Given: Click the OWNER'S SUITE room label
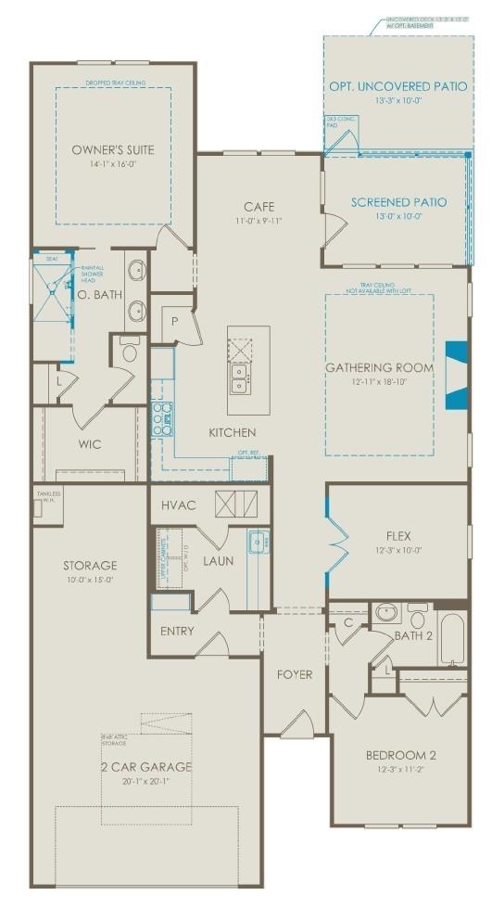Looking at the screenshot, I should [x=113, y=149].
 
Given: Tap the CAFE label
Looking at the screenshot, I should [x=259, y=207].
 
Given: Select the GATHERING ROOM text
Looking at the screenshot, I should [x=380, y=367].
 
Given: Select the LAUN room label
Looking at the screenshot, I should [x=219, y=560].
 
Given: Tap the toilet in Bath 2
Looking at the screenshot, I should [x=385, y=614].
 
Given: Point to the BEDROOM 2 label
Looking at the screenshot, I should [x=400, y=754].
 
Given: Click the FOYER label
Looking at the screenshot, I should [x=295, y=674].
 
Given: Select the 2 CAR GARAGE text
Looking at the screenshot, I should [x=147, y=766].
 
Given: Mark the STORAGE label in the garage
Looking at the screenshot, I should [x=90, y=565].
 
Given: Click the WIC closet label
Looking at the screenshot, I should [x=90, y=444].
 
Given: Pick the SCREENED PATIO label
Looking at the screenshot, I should [x=398, y=201].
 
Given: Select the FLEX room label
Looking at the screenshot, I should [x=398, y=535].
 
